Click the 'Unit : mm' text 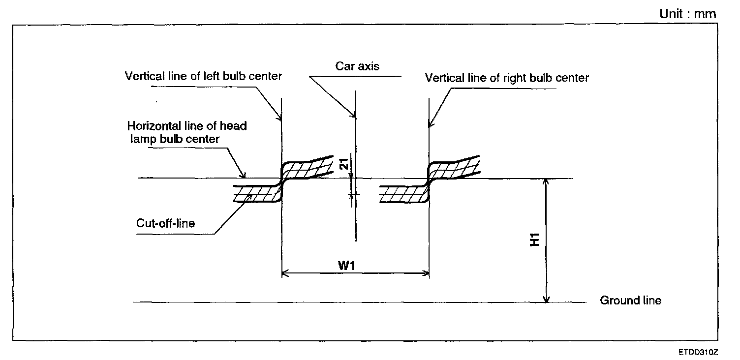pyautogui.click(x=688, y=14)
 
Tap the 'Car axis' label pyautogui.click(x=358, y=66)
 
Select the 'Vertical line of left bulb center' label pyautogui.click(x=203, y=76)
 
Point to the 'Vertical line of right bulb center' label pyautogui.click(x=507, y=78)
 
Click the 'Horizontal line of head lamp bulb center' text pyautogui.click(x=187, y=132)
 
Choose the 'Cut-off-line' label pyautogui.click(x=165, y=223)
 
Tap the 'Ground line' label pyautogui.click(x=631, y=300)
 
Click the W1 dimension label pyautogui.click(x=347, y=266)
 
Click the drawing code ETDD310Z pyautogui.click(x=698, y=353)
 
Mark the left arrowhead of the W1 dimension pyautogui.click(x=284, y=273)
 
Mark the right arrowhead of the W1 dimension pyautogui.click(x=426, y=273)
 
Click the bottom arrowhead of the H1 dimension pyautogui.click(x=546, y=299)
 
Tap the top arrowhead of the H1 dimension pyautogui.click(x=546, y=182)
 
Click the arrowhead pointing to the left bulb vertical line pyautogui.click(x=279, y=118)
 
